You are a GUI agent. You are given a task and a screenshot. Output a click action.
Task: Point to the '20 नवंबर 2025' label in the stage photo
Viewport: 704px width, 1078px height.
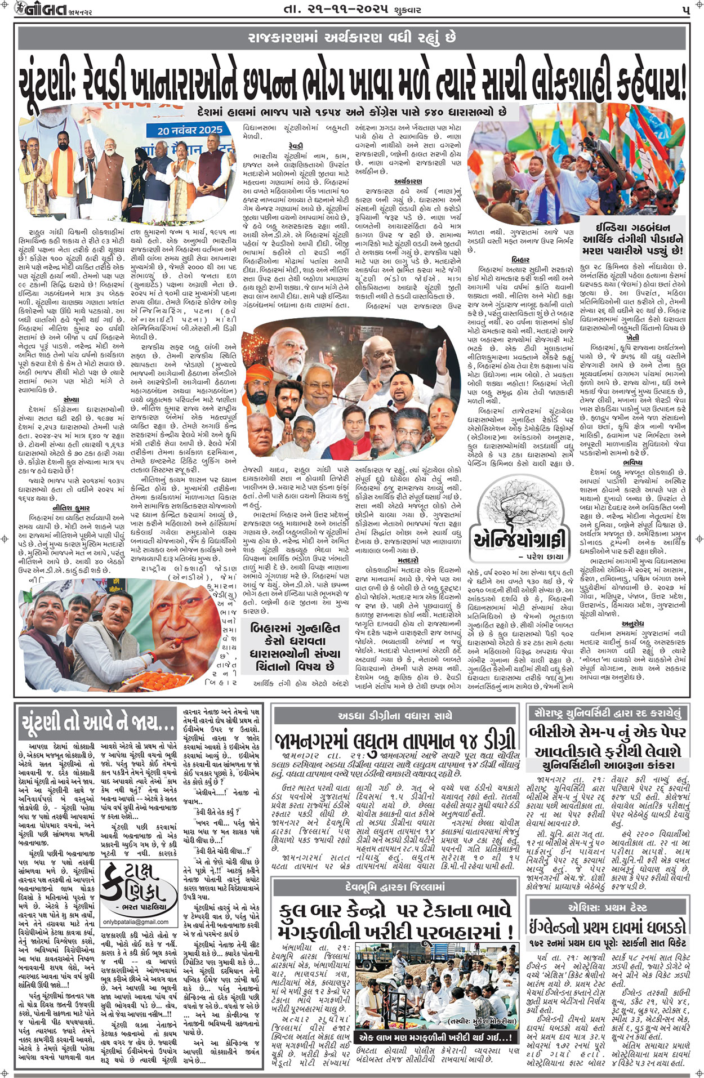pos(189,130)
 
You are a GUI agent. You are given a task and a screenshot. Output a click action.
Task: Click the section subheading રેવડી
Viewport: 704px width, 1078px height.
pos(295,145)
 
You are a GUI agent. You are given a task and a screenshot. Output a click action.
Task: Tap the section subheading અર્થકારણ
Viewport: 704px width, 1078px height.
pos(408,181)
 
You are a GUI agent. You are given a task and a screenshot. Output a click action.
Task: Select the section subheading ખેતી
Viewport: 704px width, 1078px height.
pos(632,337)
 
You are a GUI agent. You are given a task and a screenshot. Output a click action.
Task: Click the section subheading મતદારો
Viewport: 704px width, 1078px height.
pos(408,560)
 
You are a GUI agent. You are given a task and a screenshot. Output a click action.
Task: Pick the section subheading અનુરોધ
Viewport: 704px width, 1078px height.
pos(632,624)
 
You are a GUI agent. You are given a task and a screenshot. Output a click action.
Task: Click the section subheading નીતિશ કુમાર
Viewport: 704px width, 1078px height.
pos(71,508)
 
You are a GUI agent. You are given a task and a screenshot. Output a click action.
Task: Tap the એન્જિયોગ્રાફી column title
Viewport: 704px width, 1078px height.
pos(519,539)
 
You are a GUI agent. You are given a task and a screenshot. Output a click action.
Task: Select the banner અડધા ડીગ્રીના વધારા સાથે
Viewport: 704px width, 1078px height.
pos(395,716)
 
